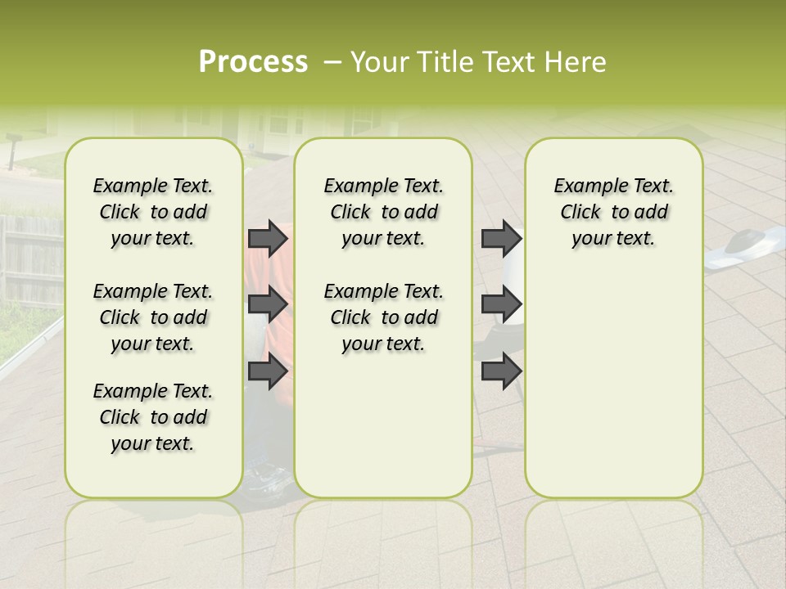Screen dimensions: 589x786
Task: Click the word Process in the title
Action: click(253, 62)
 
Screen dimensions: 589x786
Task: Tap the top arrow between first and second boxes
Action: click(268, 239)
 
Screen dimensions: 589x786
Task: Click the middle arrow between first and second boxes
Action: click(268, 304)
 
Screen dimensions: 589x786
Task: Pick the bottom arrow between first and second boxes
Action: click(268, 371)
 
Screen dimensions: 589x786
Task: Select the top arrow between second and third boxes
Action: click(501, 239)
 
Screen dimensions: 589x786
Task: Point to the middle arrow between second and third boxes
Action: click(501, 304)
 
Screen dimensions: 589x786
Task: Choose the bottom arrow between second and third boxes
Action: click(501, 371)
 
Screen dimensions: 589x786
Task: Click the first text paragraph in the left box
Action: click(153, 212)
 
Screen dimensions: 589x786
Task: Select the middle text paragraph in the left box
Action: click(153, 317)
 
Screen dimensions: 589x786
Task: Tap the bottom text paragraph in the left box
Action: click(153, 417)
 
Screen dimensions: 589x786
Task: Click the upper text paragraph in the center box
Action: click(384, 212)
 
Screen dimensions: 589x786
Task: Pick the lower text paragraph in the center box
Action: click(384, 317)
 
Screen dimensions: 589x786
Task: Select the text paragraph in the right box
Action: click(614, 212)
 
